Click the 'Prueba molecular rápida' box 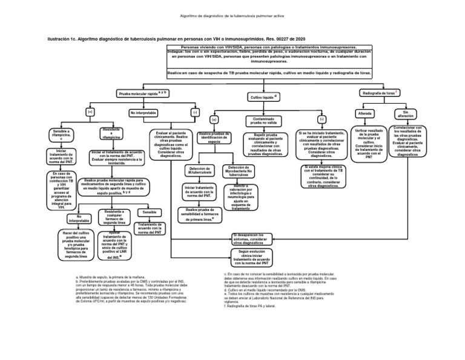[143, 94]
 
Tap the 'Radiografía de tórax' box [379, 93]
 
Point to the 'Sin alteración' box [406, 113]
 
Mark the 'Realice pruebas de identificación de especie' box [214, 138]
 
